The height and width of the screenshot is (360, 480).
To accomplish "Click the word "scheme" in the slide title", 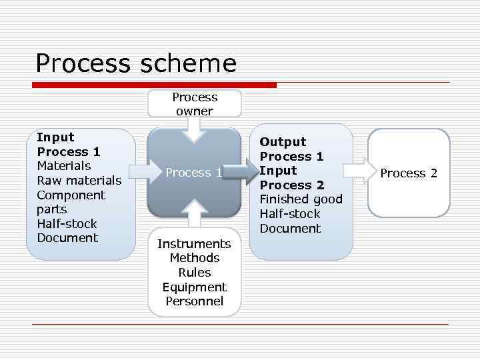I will pyautogui.click(x=189, y=63).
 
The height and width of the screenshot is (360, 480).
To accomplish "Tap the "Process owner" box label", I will pyautogui.click(x=194, y=104).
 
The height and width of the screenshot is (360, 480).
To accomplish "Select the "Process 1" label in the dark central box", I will pyautogui.click(x=194, y=173).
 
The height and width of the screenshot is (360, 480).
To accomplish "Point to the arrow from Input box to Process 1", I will pyautogui.click(x=141, y=172).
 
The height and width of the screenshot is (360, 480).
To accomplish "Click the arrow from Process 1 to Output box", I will pyautogui.click(x=247, y=172).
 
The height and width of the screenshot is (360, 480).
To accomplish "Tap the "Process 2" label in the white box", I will pyautogui.click(x=409, y=173).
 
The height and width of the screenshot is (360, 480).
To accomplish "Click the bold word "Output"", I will pyautogui.click(x=283, y=142).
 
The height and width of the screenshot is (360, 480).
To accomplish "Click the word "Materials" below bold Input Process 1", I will pyautogui.click(x=64, y=166).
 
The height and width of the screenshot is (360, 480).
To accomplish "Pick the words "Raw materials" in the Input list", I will pyautogui.click(x=79, y=181).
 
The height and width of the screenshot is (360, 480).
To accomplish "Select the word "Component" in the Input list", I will pyautogui.click(x=71, y=195).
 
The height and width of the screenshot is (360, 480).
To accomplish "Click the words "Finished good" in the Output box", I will pyautogui.click(x=301, y=199).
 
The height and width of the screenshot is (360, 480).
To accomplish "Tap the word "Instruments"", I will pyautogui.click(x=194, y=244).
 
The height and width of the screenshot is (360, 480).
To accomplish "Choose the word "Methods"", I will pyautogui.click(x=194, y=258).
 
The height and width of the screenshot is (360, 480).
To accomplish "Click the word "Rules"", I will pyautogui.click(x=194, y=273).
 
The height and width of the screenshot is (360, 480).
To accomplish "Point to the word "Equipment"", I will pyautogui.click(x=194, y=287).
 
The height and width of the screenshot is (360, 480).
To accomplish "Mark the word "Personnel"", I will pyautogui.click(x=194, y=301).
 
